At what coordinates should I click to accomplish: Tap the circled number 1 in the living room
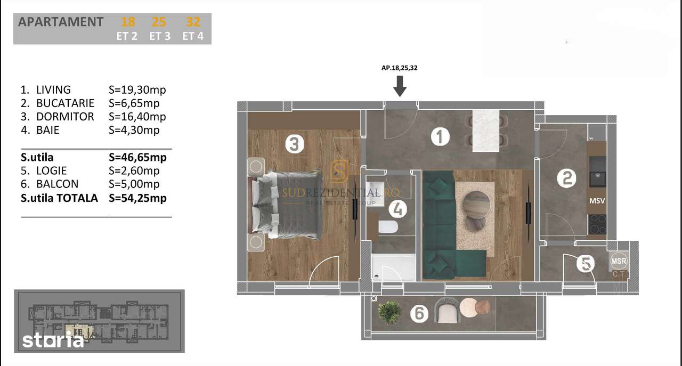pos(440,137)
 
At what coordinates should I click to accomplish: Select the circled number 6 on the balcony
pos(419,314)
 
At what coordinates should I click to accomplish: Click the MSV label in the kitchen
pos(597,201)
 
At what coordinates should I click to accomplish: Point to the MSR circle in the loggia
pos(619,261)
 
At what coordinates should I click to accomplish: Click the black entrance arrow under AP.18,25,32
pos(400,85)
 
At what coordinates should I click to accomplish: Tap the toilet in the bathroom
pos(388,228)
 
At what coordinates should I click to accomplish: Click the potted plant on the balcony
pos(388,311)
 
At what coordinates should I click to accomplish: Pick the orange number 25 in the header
pos(159,22)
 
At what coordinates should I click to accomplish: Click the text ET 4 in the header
pos(192,37)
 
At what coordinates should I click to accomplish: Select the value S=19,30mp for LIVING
pos(133,90)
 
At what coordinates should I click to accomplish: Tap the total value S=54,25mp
pos(137,198)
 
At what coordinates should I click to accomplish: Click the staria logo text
pos(53,340)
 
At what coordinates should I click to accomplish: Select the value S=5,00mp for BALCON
pos(134,184)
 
